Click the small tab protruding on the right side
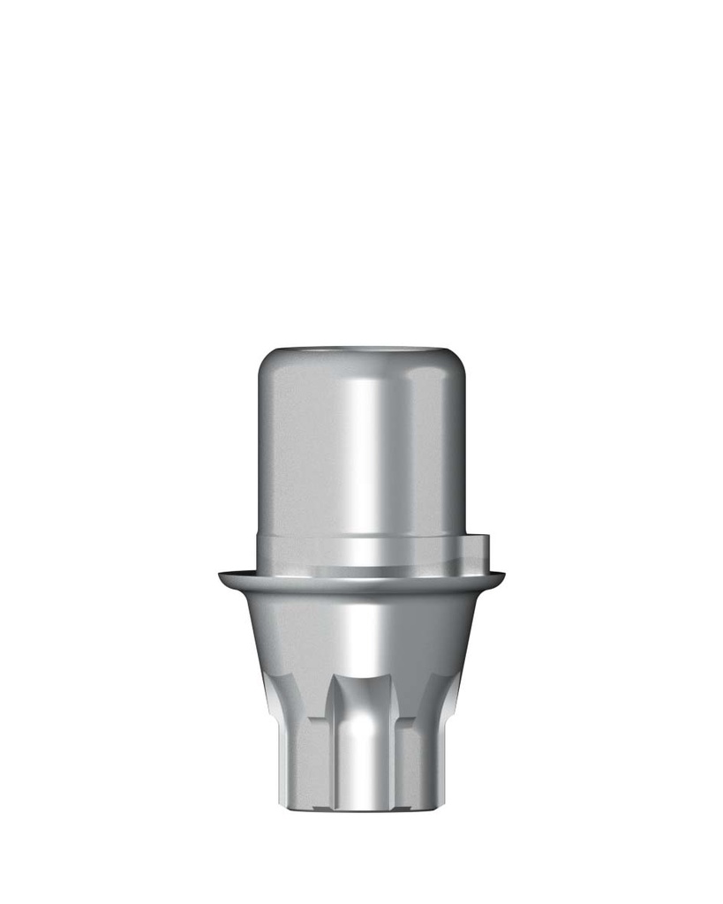click(476, 548)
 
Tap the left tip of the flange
click(222, 577)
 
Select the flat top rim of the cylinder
click(362, 349)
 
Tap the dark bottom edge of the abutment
click(362, 809)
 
